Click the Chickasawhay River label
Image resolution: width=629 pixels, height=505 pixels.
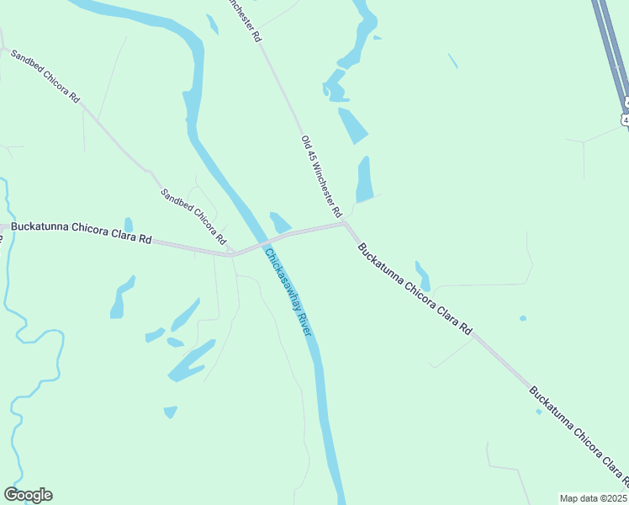pos(288,292)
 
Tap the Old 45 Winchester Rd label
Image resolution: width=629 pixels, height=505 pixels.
pos(320,174)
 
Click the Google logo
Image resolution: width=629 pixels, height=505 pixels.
pos(28,495)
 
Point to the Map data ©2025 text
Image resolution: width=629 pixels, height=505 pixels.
pos(593,497)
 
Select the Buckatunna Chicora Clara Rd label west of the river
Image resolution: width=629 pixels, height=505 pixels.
pos(81,233)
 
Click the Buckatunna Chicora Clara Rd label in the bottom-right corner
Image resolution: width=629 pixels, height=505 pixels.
pos(579,437)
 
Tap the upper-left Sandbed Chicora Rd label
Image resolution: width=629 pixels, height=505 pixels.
pos(45,76)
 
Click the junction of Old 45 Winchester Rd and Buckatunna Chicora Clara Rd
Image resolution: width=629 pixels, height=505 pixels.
pos(344,223)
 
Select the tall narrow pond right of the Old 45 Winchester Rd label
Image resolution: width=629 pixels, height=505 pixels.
pos(364,179)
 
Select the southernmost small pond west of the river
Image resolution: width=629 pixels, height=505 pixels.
pos(171,412)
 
